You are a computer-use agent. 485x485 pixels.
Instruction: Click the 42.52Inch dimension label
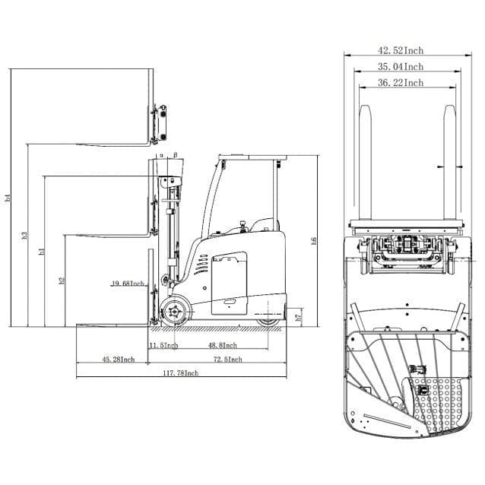(401, 50)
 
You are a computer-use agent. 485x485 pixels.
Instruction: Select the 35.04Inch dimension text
(401, 67)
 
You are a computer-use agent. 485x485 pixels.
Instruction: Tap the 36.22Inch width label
(401, 83)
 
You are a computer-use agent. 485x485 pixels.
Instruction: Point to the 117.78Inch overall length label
(180, 372)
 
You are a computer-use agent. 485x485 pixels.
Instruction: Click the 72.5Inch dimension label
(227, 359)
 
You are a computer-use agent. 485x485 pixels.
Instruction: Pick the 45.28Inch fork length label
(118, 359)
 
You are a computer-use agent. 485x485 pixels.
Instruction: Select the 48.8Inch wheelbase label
(222, 345)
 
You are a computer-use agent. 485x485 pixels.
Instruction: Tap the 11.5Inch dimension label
(163, 345)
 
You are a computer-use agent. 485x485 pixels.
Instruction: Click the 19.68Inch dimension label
(127, 284)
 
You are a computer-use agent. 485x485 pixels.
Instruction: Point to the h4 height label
(8, 198)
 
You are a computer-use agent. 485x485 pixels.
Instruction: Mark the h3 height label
(24, 236)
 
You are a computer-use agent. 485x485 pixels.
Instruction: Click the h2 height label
(62, 281)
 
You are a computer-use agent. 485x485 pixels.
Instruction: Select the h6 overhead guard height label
(314, 241)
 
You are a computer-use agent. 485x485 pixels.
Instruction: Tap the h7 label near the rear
(299, 315)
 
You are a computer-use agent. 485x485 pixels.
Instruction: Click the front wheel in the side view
(176, 313)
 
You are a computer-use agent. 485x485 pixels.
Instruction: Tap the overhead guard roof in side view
(250, 157)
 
